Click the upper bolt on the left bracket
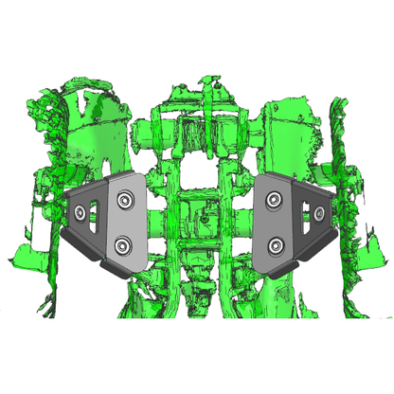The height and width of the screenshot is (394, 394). click(125, 200)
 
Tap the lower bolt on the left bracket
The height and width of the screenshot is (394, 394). click(123, 246)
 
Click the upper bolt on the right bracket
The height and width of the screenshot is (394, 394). click(275, 199)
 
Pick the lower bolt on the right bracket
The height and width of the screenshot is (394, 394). click(275, 247)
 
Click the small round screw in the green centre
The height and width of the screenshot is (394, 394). click(203, 219)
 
